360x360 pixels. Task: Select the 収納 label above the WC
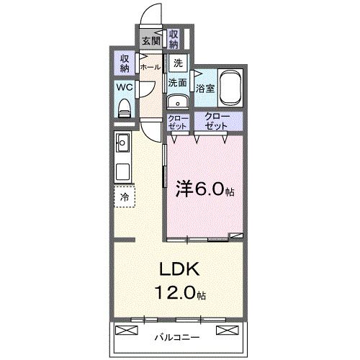[x=124, y=63]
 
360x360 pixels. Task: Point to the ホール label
[x=150, y=67]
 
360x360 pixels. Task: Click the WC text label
[x=124, y=88]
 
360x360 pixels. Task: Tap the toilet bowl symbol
[x=125, y=108]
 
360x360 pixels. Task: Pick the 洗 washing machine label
[x=177, y=63]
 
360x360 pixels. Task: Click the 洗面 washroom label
[x=178, y=82]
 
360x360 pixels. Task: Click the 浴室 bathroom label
[x=205, y=89]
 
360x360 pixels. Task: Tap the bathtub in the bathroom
[x=230, y=87]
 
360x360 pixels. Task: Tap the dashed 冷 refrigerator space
[x=124, y=196]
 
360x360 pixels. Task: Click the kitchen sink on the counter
[x=122, y=143]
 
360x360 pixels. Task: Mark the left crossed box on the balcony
[x=125, y=331]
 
